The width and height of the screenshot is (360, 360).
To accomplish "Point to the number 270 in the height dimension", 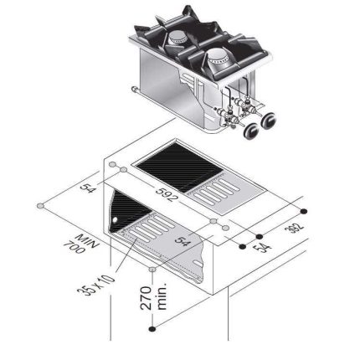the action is (147, 298).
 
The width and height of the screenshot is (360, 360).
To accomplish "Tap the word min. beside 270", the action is (162, 296).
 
